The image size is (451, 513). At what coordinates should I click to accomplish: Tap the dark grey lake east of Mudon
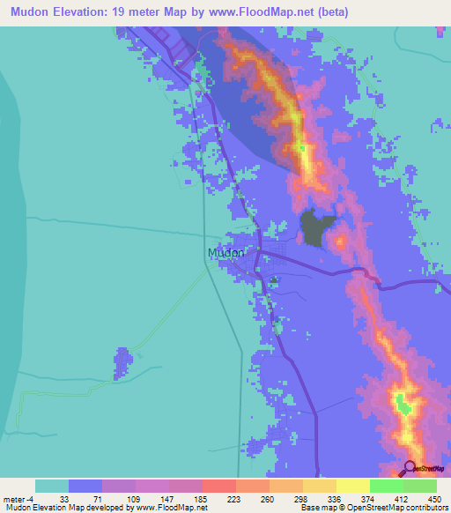click(318, 228)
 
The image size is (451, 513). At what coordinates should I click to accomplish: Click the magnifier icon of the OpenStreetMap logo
click(410, 467)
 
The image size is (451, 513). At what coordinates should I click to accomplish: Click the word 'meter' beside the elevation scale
click(13, 498)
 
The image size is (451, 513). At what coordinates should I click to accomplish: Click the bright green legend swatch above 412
click(387, 486)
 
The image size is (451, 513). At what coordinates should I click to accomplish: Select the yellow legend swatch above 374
click(353, 486)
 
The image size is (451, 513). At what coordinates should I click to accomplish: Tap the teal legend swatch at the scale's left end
click(52, 486)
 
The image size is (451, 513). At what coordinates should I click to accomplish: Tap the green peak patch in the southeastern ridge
click(403, 404)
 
